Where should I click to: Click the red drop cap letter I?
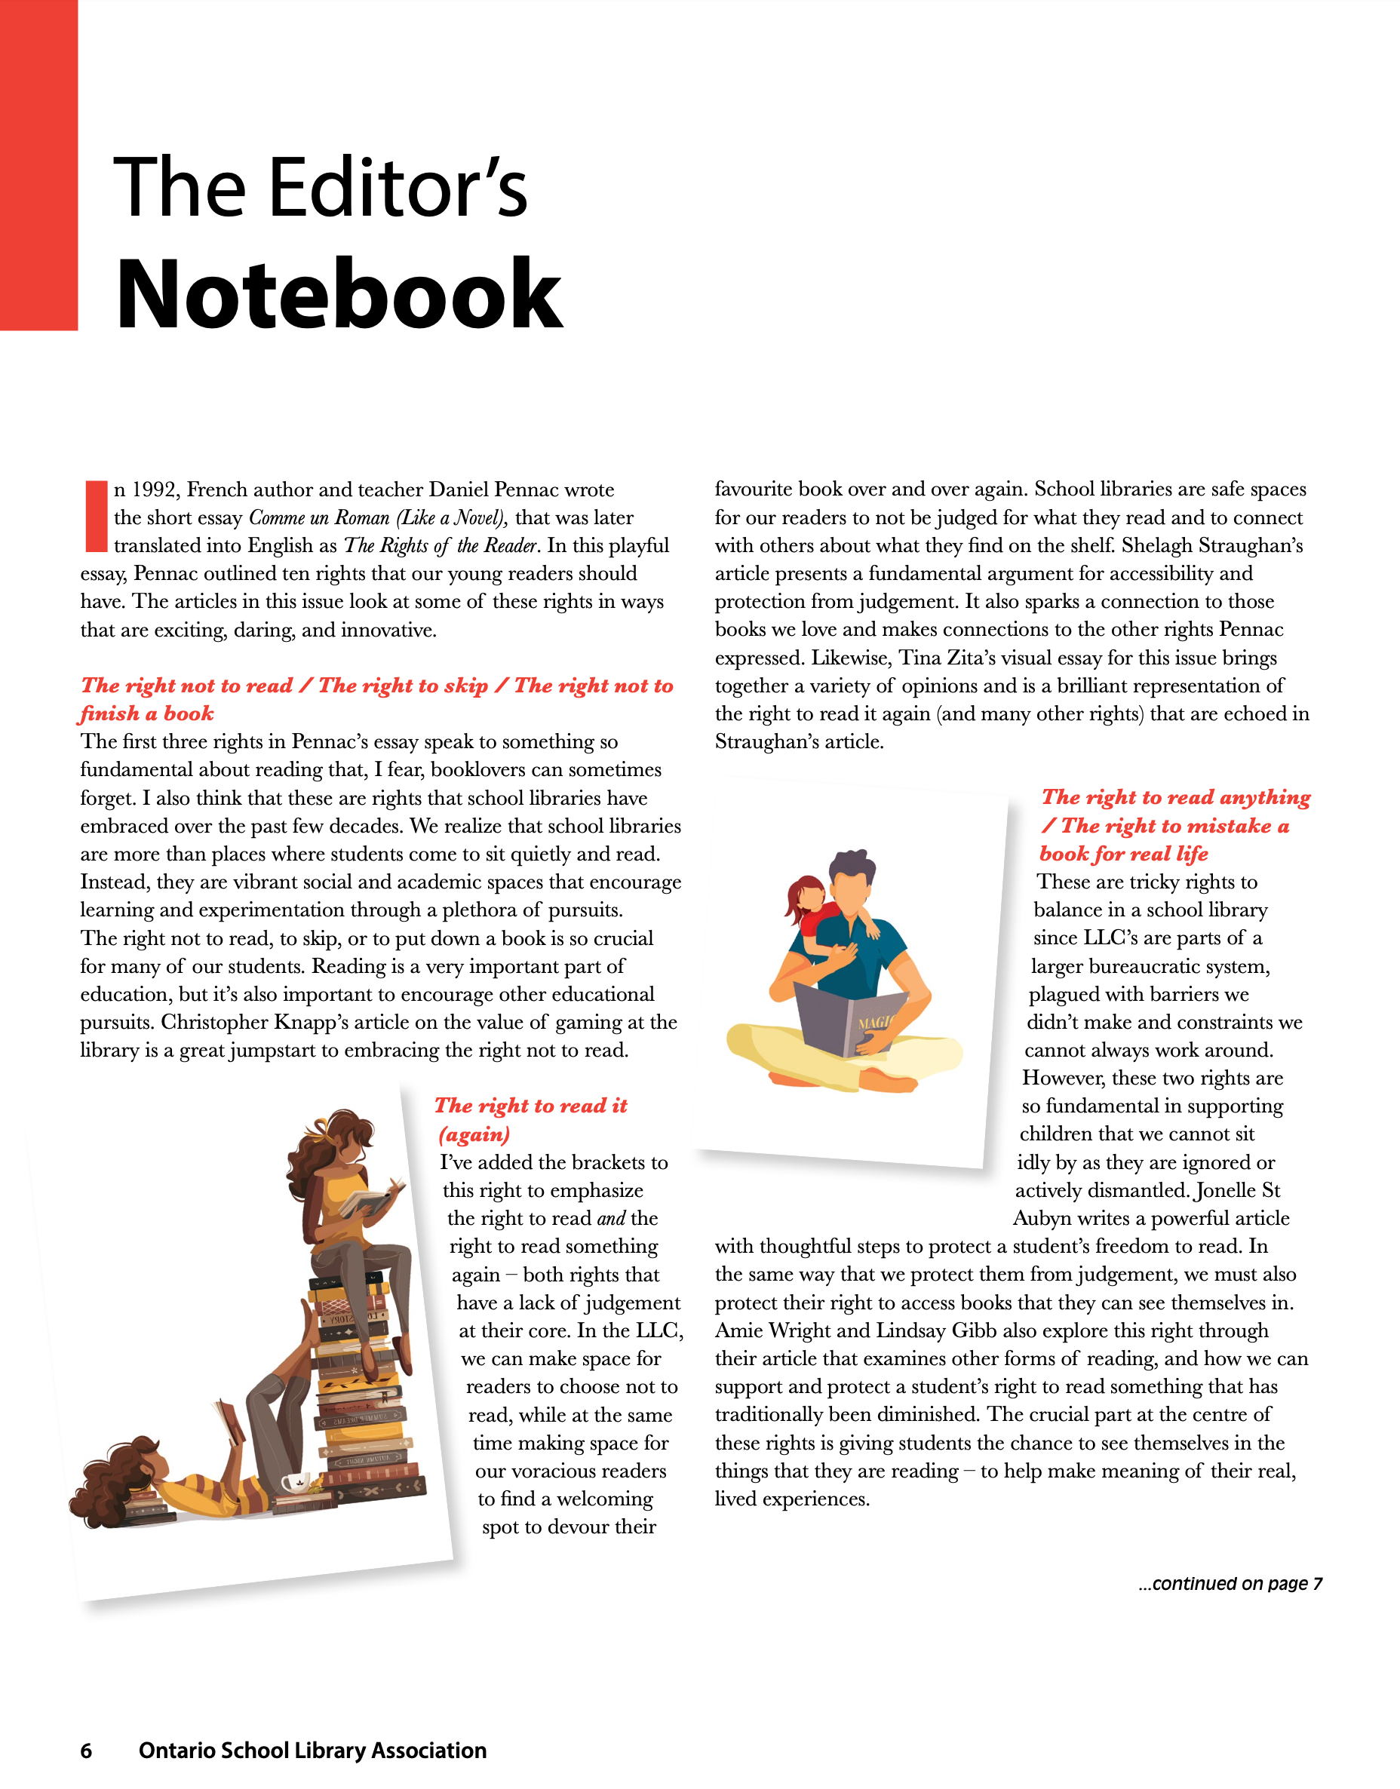point(96,517)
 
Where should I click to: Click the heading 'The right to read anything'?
point(1175,797)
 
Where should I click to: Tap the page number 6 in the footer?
point(86,1751)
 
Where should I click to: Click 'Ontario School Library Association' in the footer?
point(312,1751)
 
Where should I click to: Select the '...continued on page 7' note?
point(1230,1583)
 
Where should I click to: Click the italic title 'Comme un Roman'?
point(319,518)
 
